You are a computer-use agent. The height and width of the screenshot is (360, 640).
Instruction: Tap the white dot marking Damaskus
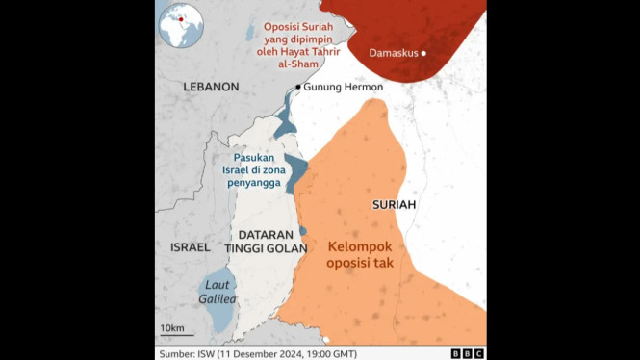click(x=423, y=53)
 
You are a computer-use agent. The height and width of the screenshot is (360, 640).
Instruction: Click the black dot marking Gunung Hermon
click(x=298, y=87)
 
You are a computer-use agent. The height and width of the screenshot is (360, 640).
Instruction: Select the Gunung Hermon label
click(x=344, y=87)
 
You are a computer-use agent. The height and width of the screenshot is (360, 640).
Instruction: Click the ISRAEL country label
click(x=190, y=247)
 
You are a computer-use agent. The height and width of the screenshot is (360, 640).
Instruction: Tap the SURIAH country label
click(x=394, y=206)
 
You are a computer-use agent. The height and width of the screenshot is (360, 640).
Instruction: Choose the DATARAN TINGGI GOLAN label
click(x=265, y=241)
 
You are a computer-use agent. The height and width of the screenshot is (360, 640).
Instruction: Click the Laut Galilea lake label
click(x=218, y=293)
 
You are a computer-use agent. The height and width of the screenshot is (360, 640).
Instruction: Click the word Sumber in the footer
click(x=180, y=353)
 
